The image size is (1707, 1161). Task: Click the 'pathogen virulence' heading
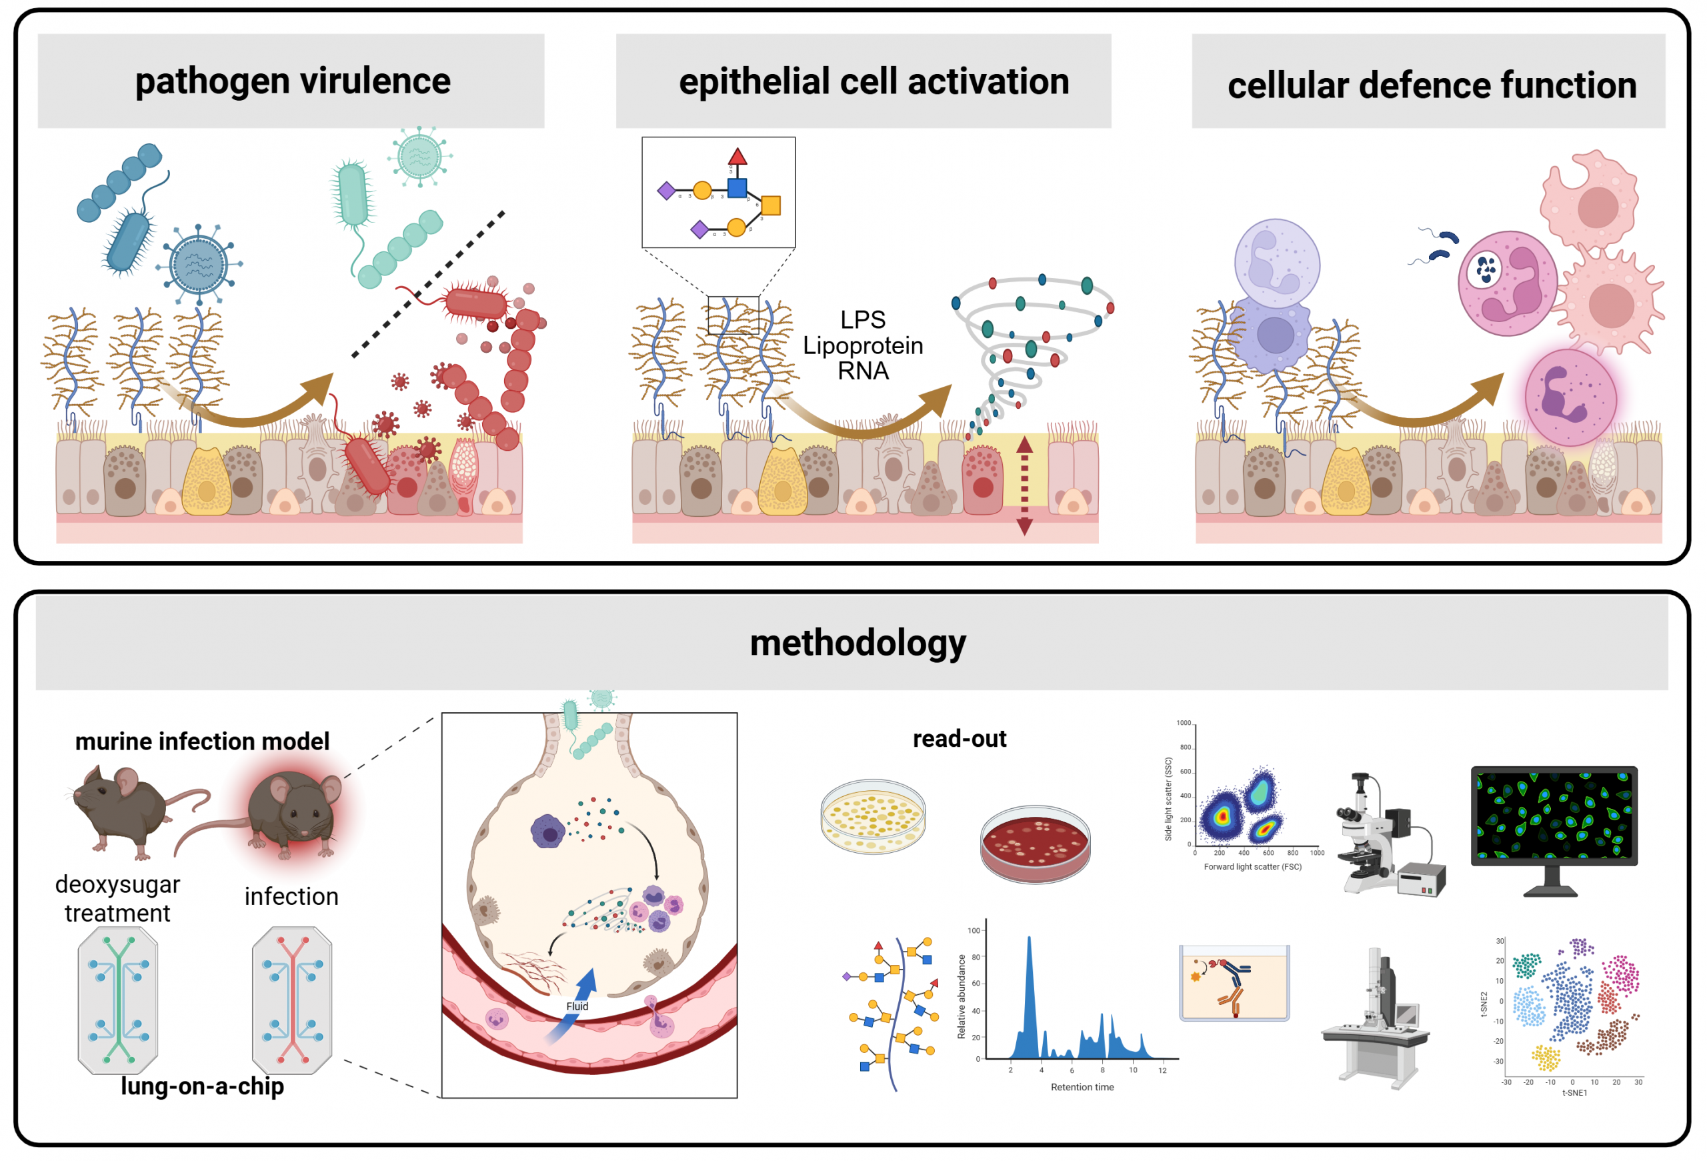point(292,81)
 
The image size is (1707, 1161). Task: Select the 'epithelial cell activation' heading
point(874,81)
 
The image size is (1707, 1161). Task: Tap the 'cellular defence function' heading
point(1432,85)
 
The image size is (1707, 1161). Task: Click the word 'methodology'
point(858,643)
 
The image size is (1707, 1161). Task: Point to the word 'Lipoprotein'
point(862,345)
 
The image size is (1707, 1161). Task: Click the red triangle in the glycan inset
point(737,157)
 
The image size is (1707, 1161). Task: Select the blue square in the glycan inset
point(737,188)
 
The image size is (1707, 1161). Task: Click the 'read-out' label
point(959,739)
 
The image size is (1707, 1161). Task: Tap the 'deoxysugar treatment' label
point(117,898)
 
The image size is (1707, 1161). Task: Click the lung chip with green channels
point(117,1000)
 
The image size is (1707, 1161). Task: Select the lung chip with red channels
point(291,1000)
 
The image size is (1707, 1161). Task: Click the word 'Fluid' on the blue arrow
point(577,1006)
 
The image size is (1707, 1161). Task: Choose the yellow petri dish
point(873,816)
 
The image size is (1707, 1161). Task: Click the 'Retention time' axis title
point(1082,1087)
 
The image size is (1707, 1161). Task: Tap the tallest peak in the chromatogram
point(1029,948)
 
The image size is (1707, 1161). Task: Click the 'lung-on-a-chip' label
point(202,1086)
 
